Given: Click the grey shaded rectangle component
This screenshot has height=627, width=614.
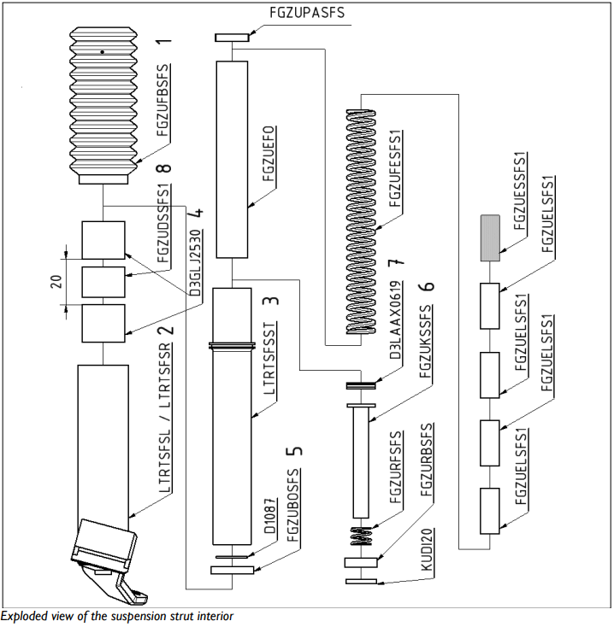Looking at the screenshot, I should click(490, 237).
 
